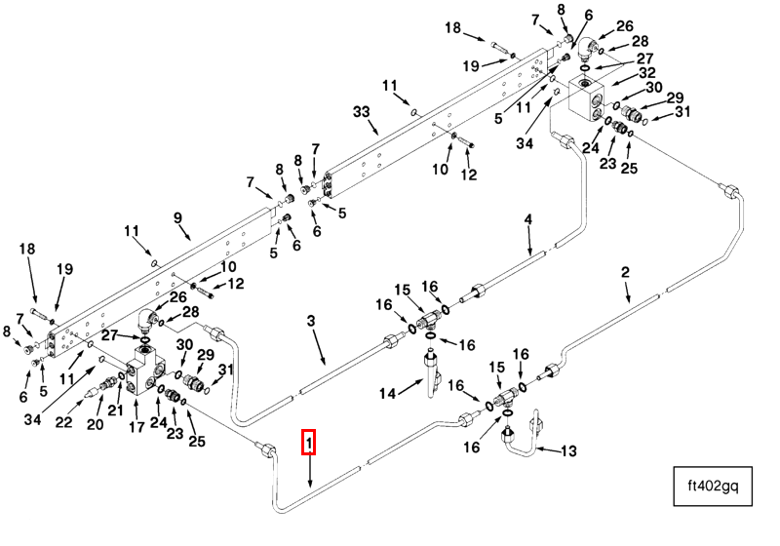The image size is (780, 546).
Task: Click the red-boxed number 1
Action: [x=309, y=444]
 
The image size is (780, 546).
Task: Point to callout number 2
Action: [x=626, y=273]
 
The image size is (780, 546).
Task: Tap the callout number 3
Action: [x=312, y=321]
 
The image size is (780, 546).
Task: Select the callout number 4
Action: [x=528, y=220]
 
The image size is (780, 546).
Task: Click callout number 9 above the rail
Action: [x=178, y=218]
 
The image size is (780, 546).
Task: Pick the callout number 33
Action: [x=362, y=113]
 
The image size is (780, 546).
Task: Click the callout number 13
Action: [x=569, y=450]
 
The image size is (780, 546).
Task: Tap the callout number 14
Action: [x=387, y=393]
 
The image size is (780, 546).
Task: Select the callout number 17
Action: [x=136, y=425]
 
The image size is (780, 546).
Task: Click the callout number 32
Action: [x=647, y=72]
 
